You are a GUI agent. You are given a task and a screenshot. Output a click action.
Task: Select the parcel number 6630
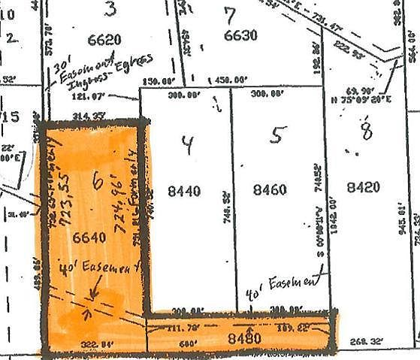241,35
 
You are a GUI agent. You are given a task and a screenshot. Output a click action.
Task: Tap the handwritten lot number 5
278,135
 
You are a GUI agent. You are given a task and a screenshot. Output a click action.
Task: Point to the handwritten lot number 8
367,133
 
